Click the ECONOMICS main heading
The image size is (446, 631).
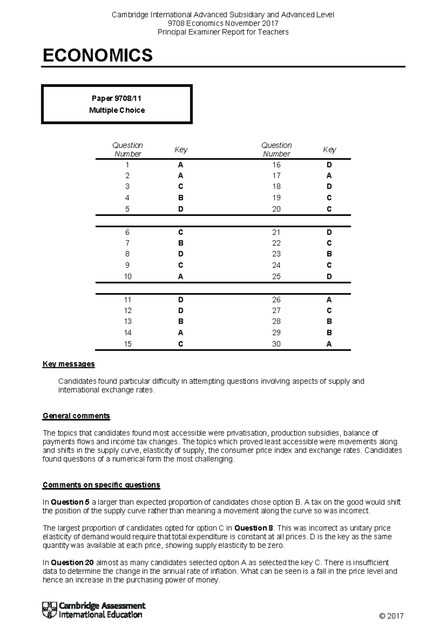pos(98,55)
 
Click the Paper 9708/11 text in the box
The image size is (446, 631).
pos(116,98)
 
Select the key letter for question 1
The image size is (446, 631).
pos(181,165)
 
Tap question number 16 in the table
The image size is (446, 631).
pos(276,165)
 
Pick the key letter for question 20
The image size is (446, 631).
pos(329,209)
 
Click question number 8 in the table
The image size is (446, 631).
pos(127,254)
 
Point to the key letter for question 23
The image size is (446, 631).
pos(329,254)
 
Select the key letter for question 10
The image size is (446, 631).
pos(181,276)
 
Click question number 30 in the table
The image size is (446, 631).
pos(276,344)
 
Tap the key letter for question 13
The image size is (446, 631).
pos(181,321)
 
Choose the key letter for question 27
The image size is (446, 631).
pos(329,311)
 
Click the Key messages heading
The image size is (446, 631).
pos(69,364)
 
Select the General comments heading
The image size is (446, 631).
pos(76,415)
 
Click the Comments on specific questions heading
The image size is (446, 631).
pos(101,485)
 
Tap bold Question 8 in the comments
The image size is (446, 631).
pos(254,528)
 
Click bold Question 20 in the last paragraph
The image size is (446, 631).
pos(72,562)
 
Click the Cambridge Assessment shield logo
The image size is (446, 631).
pos(49,610)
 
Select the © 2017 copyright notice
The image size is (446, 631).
pos(391,616)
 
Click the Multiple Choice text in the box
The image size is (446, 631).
pos(117,110)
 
